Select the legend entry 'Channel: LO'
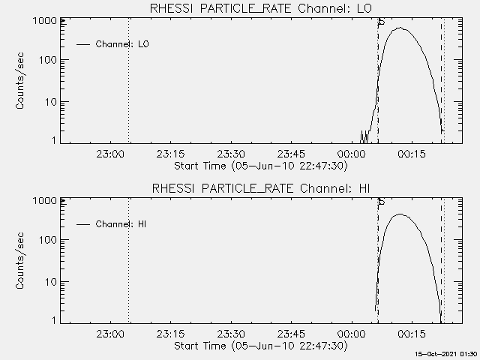[x=122, y=44]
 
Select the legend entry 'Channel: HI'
[x=121, y=224]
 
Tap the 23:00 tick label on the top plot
[x=109, y=154]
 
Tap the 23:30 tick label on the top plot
[x=230, y=154]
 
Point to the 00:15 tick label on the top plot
[x=412, y=154]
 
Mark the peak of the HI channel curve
[x=400, y=214]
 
